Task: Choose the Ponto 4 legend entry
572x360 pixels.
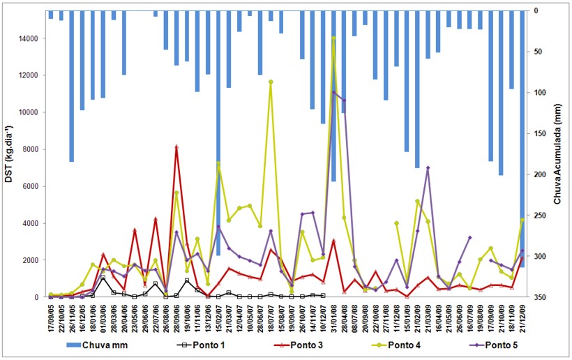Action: tap(425, 345)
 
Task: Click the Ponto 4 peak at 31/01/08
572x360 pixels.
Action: tap(334, 37)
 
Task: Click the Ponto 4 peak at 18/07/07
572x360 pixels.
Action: tap(271, 82)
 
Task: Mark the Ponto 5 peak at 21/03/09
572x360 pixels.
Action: tap(428, 168)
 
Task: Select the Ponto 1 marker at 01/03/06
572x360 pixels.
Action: tap(103, 278)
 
